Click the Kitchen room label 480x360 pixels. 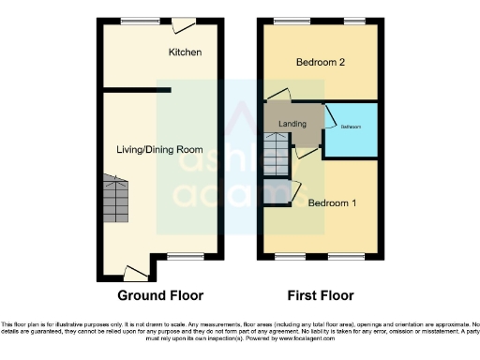[x=185, y=52]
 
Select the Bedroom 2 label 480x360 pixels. [x=322, y=63]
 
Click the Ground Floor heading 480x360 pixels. [x=160, y=295]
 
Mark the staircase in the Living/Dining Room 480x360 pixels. [x=115, y=198]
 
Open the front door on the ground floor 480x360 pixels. [x=136, y=274]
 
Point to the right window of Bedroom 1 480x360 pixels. [x=356, y=254]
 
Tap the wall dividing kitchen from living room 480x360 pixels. [x=136, y=90]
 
